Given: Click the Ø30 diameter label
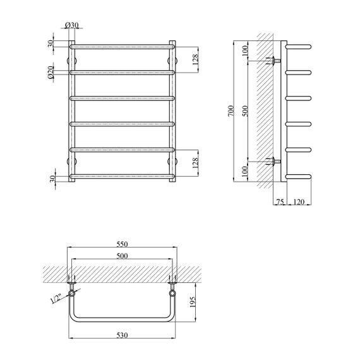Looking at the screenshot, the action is click(x=72, y=25).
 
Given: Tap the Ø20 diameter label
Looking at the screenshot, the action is click(x=51, y=73).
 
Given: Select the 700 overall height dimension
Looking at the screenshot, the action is click(x=231, y=111).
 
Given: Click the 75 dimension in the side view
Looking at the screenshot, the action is click(x=280, y=202).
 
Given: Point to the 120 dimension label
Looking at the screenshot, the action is click(x=299, y=202).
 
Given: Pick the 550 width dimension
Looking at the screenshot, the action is click(x=122, y=244).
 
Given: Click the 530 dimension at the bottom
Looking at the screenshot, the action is click(x=122, y=335).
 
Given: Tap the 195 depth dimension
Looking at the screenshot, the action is click(x=193, y=302).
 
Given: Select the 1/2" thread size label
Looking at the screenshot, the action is click(x=56, y=299).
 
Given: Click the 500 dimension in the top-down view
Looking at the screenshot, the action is click(x=122, y=256).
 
